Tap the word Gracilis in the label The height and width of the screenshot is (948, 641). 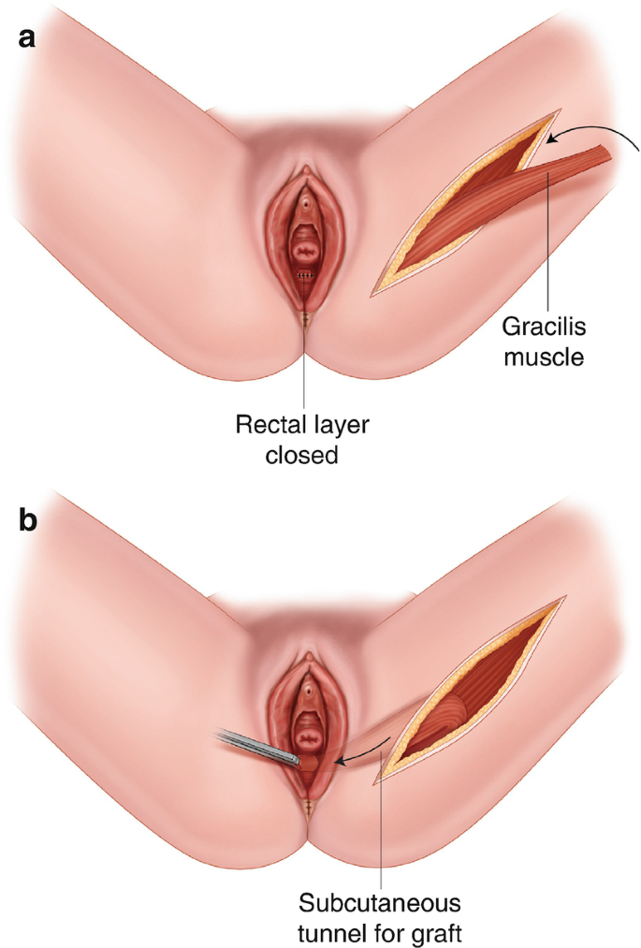point(543,329)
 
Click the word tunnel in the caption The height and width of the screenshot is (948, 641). point(335,933)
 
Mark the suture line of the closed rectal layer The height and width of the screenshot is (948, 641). point(305,276)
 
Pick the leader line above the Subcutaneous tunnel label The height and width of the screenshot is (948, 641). point(384,824)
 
